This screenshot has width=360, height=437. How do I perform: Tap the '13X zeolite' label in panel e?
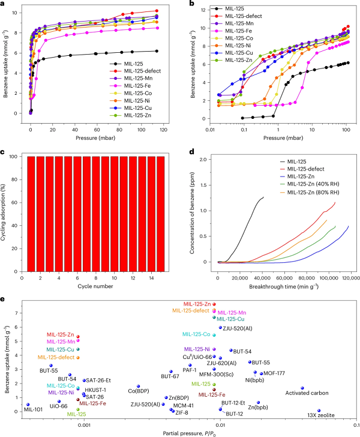[319, 415]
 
